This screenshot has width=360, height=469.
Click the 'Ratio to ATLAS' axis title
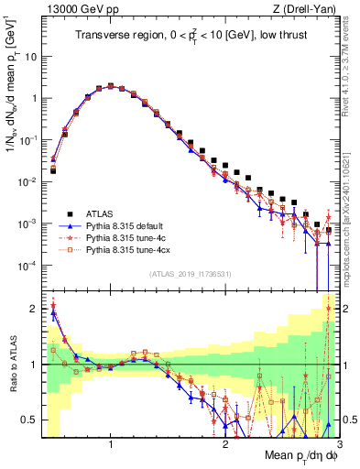tap(14, 365)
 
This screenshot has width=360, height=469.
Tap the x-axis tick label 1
tap(111, 445)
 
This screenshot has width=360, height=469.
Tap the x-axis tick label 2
tap(225, 445)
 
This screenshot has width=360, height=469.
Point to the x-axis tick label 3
tap(339, 445)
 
